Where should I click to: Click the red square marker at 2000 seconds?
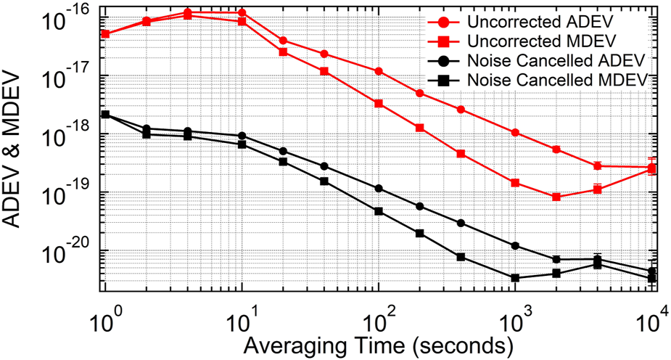pyautogui.click(x=556, y=197)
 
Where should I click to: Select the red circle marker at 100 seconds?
pyautogui.click(x=379, y=71)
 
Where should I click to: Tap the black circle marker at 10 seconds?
pyautogui.click(x=242, y=136)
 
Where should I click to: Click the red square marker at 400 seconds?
pyautogui.click(x=461, y=154)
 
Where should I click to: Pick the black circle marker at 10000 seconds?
pyautogui.click(x=651, y=271)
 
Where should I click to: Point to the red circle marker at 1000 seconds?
pyautogui.click(x=515, y=133)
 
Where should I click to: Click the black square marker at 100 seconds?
pyautogui.click(x=379, y=211)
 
